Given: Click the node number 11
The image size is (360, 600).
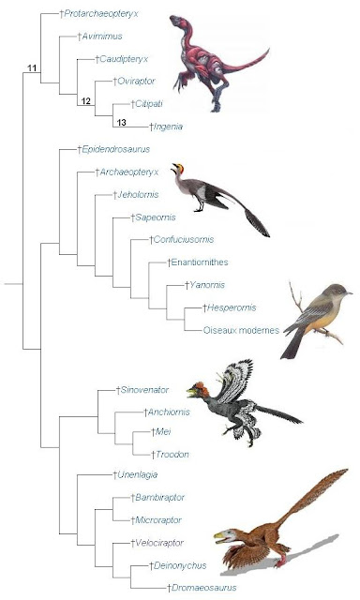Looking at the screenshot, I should click(x=32, y=67).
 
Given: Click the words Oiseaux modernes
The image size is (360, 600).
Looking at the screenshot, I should click(x=239, y=329).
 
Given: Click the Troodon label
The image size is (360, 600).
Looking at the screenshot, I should click(x=168, y=454).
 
